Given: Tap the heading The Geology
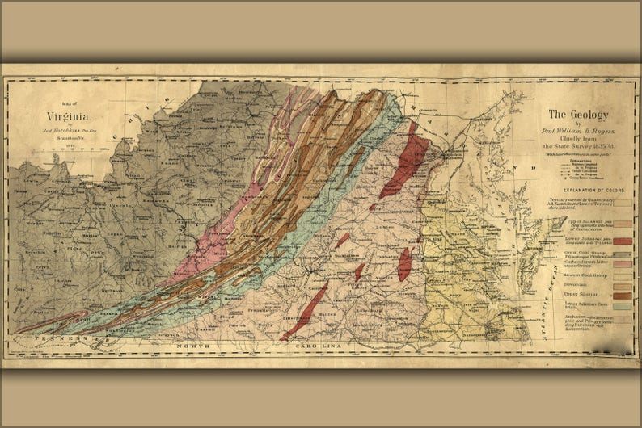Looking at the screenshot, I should coord(578,115).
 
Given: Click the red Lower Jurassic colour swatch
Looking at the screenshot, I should coord(622,241).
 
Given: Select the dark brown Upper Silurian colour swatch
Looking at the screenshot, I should coord(622,296).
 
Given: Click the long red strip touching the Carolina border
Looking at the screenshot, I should coord(304,312).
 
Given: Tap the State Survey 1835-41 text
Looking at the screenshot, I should coord(578,146).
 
